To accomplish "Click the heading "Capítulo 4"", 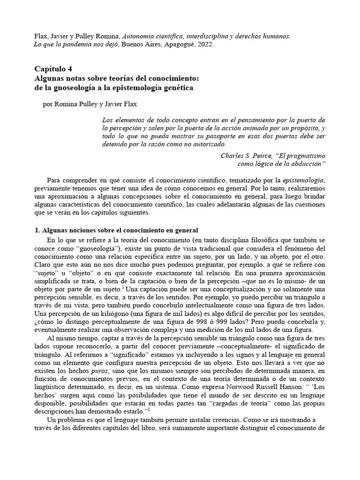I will click(54, 68).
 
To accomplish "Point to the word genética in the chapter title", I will click(169, 87).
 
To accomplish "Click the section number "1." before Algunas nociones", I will click(38, 230).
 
